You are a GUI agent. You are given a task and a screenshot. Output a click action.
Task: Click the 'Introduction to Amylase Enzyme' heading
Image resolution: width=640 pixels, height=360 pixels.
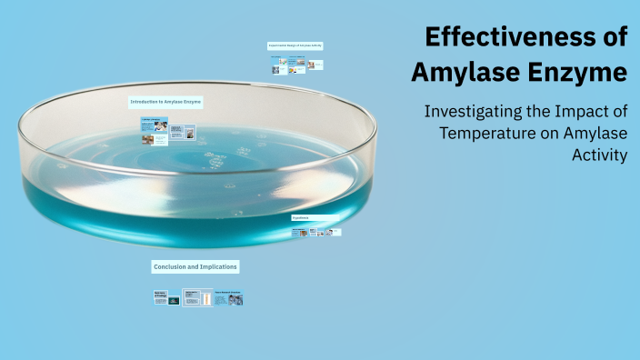[165, 103]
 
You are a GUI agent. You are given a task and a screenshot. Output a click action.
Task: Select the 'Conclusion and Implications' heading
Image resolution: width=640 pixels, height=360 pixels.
[195, 266]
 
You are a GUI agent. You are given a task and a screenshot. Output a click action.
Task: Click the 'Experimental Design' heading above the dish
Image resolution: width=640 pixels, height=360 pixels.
[295, 45]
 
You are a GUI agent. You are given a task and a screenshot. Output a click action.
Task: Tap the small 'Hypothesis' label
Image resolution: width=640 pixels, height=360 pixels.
[301, 219]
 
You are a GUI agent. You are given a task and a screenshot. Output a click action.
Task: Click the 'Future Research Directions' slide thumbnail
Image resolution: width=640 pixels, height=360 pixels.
[228, 297]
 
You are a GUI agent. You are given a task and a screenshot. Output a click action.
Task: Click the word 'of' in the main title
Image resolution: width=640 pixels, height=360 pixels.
[616, 38]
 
